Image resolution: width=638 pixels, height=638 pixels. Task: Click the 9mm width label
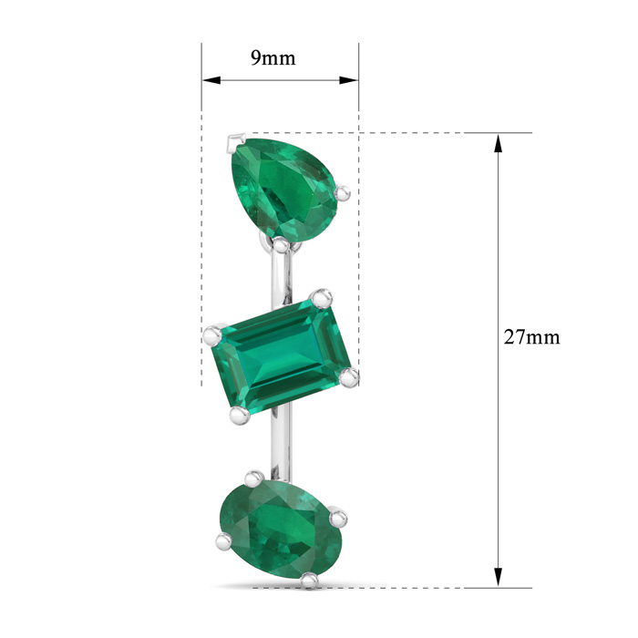(273, 58)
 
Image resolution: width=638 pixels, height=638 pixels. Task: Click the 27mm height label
(531, 337)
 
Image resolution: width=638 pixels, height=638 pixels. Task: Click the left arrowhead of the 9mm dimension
(211, 80)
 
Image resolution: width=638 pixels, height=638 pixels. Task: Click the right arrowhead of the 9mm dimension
(349, 80)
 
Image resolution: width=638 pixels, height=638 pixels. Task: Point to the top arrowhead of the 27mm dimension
(498, 143)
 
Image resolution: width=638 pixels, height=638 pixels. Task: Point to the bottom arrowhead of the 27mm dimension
(498, 577)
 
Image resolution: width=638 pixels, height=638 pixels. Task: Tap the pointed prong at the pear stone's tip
(236, 142)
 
